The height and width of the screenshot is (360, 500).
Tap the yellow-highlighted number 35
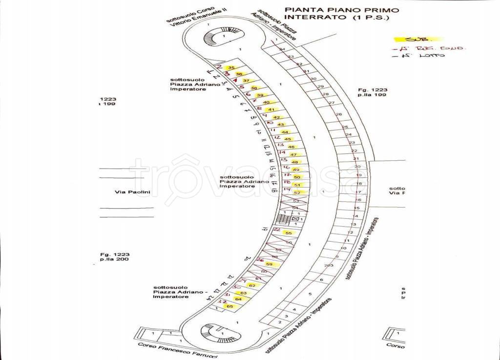[x=232, y=67]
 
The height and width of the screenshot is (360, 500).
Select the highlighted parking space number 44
[x=285, y=132]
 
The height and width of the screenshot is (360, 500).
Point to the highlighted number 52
[x=296, y=192]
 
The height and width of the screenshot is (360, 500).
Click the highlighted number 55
[x=288, y=233]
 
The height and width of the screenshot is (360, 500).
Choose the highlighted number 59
[x=269, y=264]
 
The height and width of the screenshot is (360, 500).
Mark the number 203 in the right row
[x=328, y=265]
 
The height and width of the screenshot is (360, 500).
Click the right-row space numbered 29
[x=321, y=87]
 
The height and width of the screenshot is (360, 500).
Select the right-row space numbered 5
[x=310, y=294]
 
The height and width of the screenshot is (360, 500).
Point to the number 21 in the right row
[x=356, y=159]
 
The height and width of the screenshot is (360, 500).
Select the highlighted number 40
[x=266, y=102]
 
